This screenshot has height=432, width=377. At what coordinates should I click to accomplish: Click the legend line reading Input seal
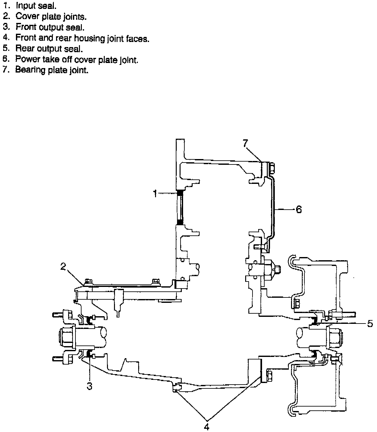click(36, 5)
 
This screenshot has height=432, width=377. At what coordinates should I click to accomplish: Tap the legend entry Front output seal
click(50, 27)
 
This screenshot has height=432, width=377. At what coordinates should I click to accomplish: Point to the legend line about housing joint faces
click(82, 38)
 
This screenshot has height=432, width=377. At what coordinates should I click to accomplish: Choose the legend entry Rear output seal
click(49, 49)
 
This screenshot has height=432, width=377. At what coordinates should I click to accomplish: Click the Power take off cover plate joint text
click(76, 59)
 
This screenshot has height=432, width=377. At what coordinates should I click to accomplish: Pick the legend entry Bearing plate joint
click(52, 70)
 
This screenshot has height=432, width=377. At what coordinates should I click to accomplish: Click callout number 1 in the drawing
click(155, 193)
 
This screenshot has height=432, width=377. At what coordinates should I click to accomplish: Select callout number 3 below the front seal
click(89, 386)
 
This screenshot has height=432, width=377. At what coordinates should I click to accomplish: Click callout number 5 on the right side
click(370, 324)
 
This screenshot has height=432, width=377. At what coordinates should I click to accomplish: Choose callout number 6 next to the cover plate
click(299, 209)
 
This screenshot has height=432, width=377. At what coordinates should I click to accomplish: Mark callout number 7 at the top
click(245, 144)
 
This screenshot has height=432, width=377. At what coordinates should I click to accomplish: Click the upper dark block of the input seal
click(180, 192)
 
